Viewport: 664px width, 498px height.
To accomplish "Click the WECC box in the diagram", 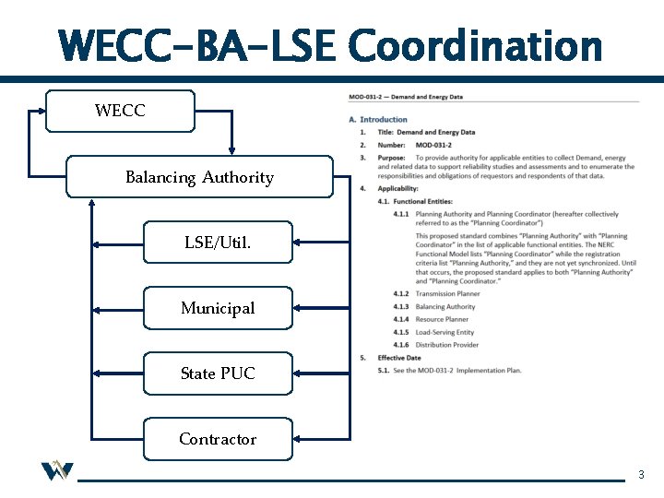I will coord(121,111).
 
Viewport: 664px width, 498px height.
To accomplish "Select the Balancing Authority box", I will coord(199,177).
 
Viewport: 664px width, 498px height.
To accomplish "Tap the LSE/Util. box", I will coord(218,243).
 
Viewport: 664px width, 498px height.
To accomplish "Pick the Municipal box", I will coord(218,308).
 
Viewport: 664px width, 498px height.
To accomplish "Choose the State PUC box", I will coord(218,373).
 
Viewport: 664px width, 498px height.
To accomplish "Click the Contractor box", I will coord(218,439).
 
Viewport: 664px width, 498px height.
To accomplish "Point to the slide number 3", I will coord(642,475).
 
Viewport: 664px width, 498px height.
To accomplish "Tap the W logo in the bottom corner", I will coord(56,471).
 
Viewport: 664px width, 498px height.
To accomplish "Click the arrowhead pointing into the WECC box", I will coord(40,110).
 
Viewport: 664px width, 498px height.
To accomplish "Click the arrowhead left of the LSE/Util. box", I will coord(96,243).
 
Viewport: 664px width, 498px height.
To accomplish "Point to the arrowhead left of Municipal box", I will coord(96,308).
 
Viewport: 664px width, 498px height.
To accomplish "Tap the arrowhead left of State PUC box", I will coord(96,373).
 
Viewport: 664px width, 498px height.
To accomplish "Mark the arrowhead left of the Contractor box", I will coord(96,439).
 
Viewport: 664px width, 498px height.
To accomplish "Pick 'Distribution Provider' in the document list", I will coord(447,345).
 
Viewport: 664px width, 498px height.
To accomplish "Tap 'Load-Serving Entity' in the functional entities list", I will coord(445,332).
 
